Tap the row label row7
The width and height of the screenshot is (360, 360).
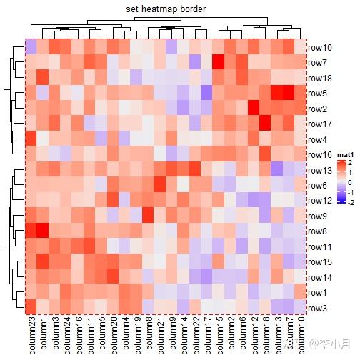317,63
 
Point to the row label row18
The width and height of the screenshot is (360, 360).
319,78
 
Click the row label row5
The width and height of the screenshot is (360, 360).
317,94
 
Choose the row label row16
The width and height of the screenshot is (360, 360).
319,154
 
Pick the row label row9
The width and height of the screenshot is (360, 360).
317,216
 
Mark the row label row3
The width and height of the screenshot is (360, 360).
317,308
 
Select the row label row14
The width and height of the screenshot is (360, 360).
319,277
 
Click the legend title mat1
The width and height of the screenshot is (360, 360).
346,153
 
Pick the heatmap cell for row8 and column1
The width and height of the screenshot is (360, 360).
43,231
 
